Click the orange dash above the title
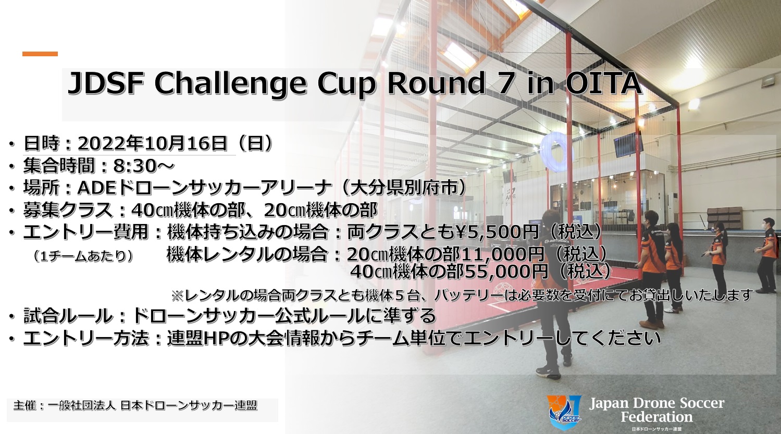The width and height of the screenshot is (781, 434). point(40,54)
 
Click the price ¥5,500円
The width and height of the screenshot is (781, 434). point(492,232)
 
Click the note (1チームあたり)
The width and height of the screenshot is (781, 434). point(83,256)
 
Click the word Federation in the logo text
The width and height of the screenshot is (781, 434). point(656,417)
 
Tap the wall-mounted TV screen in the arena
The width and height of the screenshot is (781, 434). point(625,144)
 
